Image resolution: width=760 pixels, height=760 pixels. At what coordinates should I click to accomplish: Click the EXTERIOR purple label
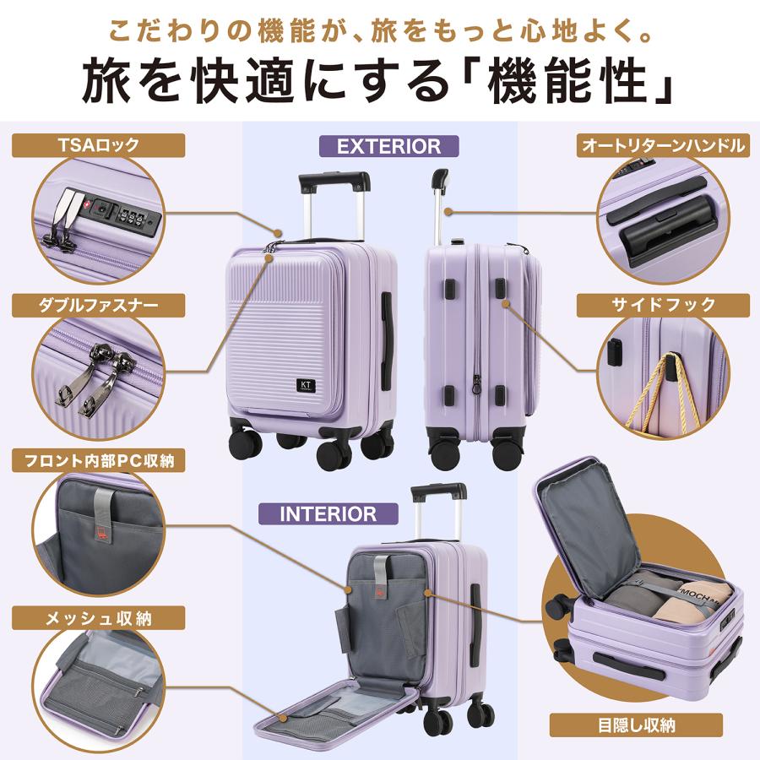(x=388, y=146)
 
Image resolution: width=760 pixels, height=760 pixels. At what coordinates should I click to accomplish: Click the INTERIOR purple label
(x=328, y=513)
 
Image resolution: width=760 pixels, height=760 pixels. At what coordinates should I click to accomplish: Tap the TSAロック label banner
(x=99, y=145)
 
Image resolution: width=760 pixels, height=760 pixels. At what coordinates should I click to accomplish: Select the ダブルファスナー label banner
(x=99, y=306)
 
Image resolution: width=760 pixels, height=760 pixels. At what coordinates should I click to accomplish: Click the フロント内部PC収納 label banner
(x=99, y=460)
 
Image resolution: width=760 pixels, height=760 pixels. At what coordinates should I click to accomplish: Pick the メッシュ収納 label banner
(x=99, y=618)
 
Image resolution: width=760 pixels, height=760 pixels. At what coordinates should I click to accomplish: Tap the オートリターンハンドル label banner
(x=663, y=145)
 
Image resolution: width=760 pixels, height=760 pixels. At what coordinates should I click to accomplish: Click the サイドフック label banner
(x=663, y=306)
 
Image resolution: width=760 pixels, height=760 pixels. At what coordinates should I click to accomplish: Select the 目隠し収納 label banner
(x=636, y=725)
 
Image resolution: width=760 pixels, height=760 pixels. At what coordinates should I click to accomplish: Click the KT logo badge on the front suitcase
(x=306, y=385)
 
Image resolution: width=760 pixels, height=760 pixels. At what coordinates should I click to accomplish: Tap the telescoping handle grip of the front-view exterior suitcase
(x=334, y=181)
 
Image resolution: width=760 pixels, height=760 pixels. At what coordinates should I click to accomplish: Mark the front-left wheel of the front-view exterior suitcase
(x=245, y=444)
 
